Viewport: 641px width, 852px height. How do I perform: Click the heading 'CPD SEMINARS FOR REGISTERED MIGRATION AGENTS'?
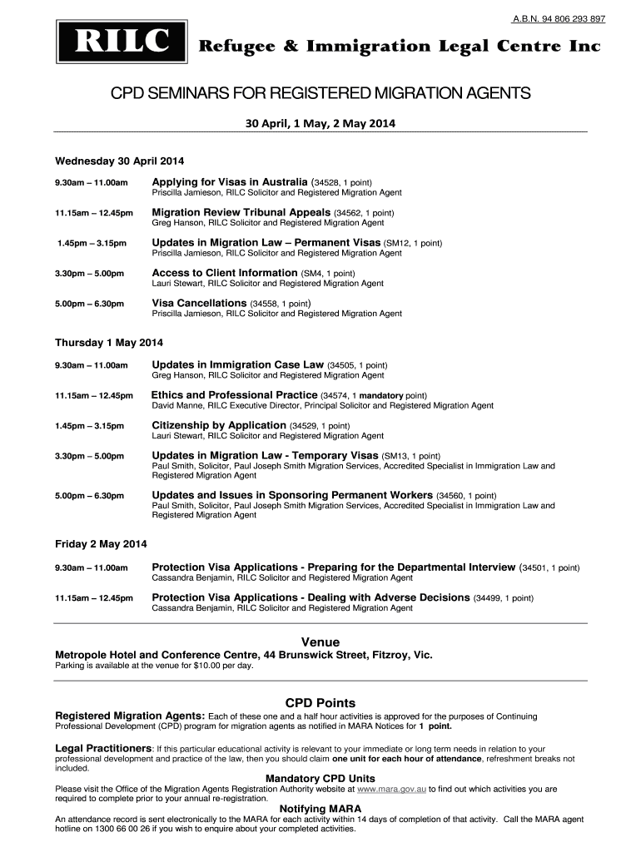[x=320, y=93]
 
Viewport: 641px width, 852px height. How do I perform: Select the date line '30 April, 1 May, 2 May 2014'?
[x=320, y=123]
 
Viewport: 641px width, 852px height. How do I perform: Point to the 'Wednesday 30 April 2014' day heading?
[x=119, y=161]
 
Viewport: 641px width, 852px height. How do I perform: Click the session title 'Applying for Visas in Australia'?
[x=229, y=181]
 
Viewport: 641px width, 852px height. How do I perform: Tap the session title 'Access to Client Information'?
[x=224, y=273]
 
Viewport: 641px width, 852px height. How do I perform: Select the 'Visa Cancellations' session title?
[x=199, y=303]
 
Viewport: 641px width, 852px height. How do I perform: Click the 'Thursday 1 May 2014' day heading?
[x=109, y=343]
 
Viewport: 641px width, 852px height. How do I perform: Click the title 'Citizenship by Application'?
[x=218, y=425]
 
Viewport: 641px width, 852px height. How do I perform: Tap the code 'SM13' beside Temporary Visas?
[x=395, y=456]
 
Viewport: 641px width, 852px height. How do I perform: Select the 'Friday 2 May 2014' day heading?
[x=101, y=544]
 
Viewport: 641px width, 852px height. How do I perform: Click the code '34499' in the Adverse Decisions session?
[x=488, y=598]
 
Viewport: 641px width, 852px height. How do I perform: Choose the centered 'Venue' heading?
[x=320, y=641]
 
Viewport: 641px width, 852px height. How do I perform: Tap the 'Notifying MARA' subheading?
[x=320, y=809]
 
